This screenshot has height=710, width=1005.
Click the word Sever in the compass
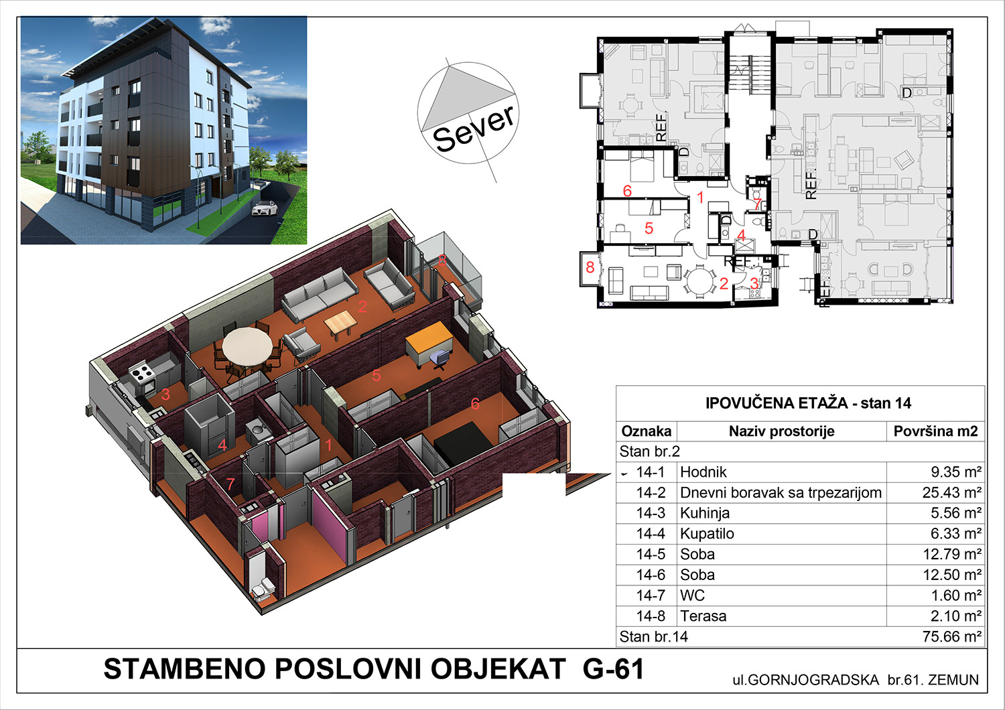click(473, 129)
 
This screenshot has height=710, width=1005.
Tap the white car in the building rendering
click(265, 208)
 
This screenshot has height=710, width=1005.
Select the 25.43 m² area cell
click(951, 492)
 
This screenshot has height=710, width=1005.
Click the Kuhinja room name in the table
click(704, 513)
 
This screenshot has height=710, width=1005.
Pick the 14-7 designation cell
click(651, 595)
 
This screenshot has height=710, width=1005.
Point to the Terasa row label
click(703, 616)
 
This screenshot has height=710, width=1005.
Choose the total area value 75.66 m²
click(951, 636)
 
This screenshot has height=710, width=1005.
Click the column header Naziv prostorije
click(782, 431)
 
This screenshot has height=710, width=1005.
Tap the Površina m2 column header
click(935, 431)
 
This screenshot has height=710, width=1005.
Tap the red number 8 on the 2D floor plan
click(590, 267)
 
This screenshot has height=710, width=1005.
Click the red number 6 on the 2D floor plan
click(627, 191)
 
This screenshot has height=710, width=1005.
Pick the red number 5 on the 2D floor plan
click(649, 228)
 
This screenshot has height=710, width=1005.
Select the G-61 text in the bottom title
click(613, 668)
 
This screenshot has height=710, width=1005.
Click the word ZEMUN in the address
click(953, 680)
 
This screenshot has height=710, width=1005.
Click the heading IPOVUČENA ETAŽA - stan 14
click(808, 403)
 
